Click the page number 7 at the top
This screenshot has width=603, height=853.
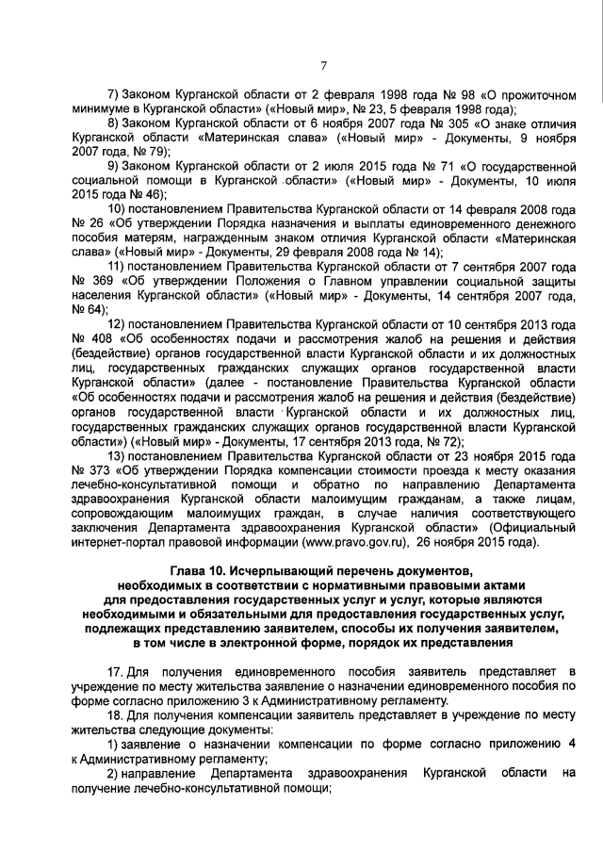[x=323, y=64]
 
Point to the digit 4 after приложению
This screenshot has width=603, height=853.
[x=571, y=745]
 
